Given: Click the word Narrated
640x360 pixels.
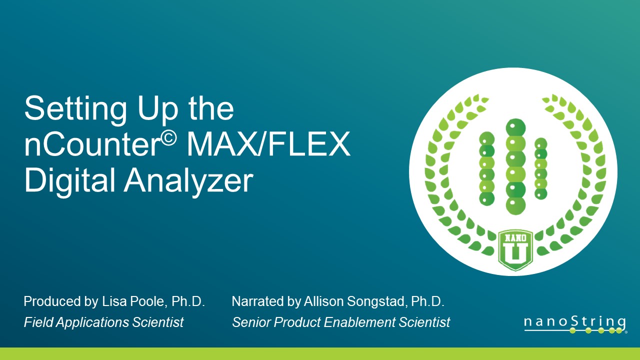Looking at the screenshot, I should (255, 301).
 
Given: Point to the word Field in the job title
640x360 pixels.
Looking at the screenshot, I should (37, 322).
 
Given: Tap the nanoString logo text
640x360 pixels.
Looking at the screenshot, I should (575, 322).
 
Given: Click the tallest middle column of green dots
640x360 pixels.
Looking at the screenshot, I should (515, 165).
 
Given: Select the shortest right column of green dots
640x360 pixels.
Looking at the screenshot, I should (541, 168).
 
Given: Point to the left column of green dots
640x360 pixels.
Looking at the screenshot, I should (487, 168).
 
